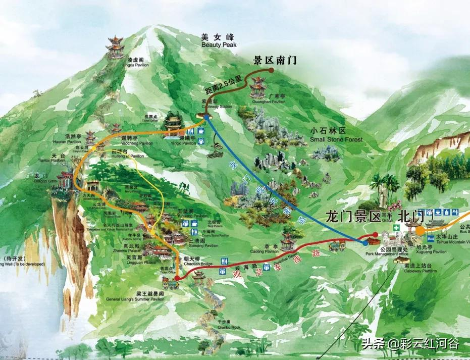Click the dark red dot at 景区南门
[271, 71]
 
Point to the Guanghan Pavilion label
[269, 98]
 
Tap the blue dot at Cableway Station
[206, 117]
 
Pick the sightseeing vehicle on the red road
[337, 247]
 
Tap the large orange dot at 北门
[420, 230]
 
